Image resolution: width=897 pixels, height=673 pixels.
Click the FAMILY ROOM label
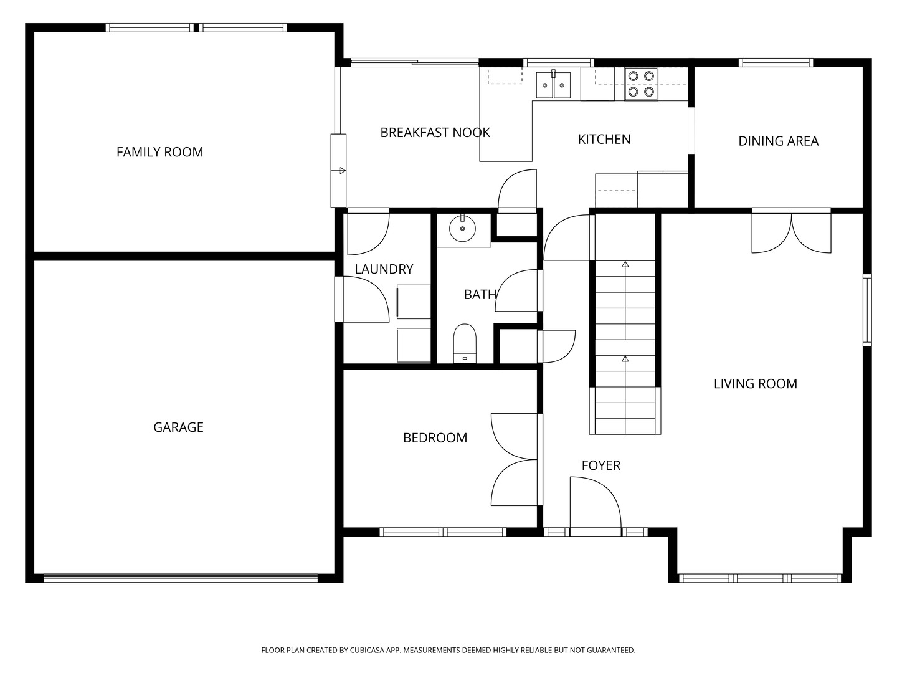click(x=160, y=152)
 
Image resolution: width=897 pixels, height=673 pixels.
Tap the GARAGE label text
click(x=178, y=427)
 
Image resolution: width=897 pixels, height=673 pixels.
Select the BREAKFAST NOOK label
click(x=435, y=132)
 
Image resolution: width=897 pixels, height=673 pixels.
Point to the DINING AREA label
click(x=779, y=141)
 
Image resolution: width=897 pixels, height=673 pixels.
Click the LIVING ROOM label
click(x=756, y=384)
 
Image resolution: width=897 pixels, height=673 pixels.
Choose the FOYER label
click(x=601, y=465)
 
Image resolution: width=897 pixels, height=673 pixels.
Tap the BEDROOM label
click(x=435, y=437)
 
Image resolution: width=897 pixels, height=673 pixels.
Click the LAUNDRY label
click(x=384, y=269)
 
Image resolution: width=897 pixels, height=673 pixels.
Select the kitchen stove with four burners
click(x=641, y=84)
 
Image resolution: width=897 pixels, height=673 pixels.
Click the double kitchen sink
click(x=553, y=85)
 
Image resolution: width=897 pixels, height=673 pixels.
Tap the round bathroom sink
click(x=463, y=229)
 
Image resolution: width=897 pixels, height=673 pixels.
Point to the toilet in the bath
click(x=465, y=343)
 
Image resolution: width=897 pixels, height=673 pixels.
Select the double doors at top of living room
click(x=792, y=231)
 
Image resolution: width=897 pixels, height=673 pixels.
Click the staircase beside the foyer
click(x=625, y=347)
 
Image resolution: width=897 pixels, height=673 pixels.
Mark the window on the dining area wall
click(x=776, y=62)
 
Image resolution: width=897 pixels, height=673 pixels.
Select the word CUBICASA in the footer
click(x=368, y=650)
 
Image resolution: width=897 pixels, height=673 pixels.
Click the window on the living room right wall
click(x=867, y=310)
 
